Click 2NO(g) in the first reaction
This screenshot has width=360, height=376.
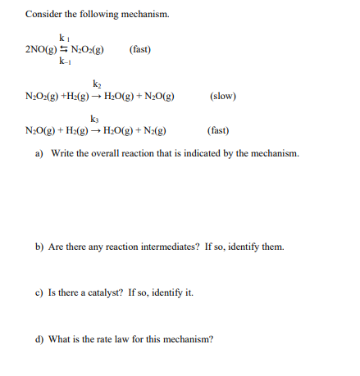coord(40,50)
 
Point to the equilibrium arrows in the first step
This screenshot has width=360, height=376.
coord(63,50)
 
